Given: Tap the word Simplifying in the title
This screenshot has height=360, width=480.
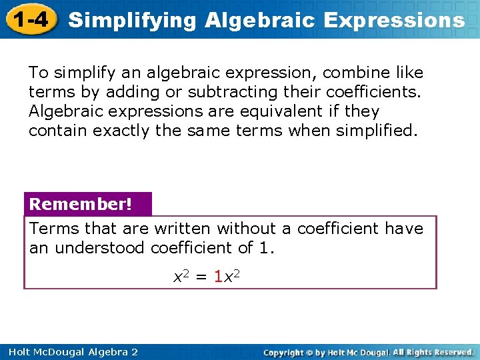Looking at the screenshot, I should (133, 20).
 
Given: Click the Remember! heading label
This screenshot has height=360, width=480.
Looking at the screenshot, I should (81, 203).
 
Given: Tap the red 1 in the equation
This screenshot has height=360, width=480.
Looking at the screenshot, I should (219, 275).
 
